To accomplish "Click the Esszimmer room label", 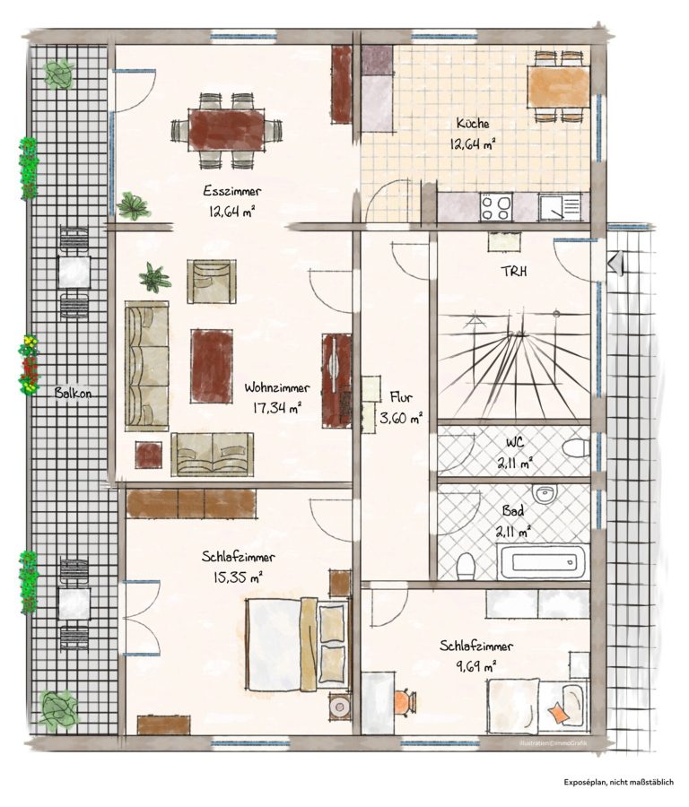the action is coord(232,192).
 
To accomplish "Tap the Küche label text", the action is coord(473,124).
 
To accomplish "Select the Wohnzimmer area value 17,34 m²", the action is coord(277,409).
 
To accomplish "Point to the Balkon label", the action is coord(74,394).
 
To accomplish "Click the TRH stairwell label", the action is coord(514,272).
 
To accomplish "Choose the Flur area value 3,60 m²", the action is coord(401,418).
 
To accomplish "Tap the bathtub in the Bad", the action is coord(543,562).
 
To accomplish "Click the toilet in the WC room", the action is coord(576,447).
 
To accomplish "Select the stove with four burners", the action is coord(495,207).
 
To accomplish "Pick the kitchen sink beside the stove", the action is coord(559,207).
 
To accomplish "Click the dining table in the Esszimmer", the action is coord(227,130).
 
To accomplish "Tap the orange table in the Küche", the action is coord(559,87).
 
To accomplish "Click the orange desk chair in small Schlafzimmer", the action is coord(406,701).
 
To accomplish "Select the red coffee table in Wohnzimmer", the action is coord(212,366).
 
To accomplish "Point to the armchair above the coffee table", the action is coord(211,281).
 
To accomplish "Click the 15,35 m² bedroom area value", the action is coord(238,577).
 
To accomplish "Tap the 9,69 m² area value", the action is coord(475,666).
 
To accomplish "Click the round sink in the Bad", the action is coord(544,494).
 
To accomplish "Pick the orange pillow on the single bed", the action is coord(558,714).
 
